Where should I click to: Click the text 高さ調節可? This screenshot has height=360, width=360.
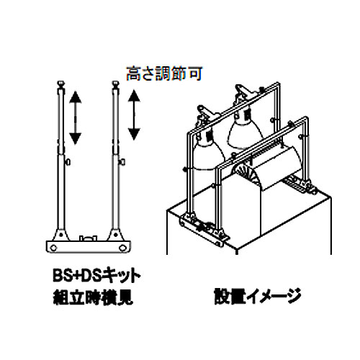pyautogui.click(x=164, y=73)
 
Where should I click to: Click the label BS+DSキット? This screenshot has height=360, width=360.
pyautogui.click(x=96, y=276)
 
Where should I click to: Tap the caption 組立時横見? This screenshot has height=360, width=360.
pyautogui.click(x=93, y=297)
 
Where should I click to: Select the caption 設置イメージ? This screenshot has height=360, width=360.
pyautogui.click(x=258, y=296)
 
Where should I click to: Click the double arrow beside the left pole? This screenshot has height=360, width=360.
pyautogui.click(x=76, y=118)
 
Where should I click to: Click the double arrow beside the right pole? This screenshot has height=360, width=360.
pyautogui.click(x=134, y=114)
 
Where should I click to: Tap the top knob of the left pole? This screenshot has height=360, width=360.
pyautogui.click(x=61, y=84)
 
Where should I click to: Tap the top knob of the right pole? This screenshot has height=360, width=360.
pyautogui.click(x=116, y=84)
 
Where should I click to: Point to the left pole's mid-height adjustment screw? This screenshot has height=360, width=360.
pyautogui.click(x=68, y=162)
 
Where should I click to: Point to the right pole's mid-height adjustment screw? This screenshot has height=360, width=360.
pyautogui.click(x=122, y=162)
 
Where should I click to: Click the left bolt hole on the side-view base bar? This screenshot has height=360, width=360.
pyautogui.click(x=53, y=247)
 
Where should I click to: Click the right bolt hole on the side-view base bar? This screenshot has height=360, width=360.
pyautogui.click(x=123, y=247)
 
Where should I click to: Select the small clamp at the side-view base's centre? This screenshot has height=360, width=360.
pyautogui.click(x=89, y=238)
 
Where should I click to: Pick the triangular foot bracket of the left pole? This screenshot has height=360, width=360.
pyautogui.click(x=61, y=235)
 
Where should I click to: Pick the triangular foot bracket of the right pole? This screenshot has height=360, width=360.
pyautogui.click(x=116, y=235)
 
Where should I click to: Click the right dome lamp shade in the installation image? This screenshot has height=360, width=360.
pyautogui.click(x=245, y=130)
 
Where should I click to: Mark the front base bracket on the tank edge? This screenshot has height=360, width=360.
pyautogui.click(x=204, y=229)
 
